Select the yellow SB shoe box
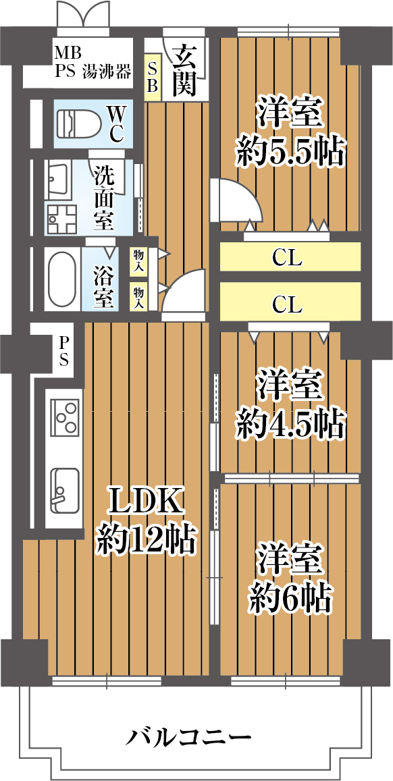pos(153,78)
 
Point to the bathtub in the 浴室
pos(63,279)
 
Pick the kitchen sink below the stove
pos(65,491)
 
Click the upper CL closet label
pos(287,258)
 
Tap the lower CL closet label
pos(287,304)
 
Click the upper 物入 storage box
pos(138,260)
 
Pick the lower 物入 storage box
pos(138,296)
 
